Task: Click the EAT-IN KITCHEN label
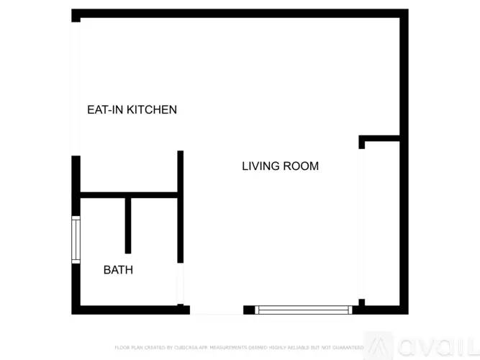[132, 110]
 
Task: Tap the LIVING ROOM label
[280, 166]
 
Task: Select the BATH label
[118, 271]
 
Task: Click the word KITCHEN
[152, 110]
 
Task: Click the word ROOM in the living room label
[301, 166]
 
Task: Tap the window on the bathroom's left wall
[75, 239]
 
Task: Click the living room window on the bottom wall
[304, 310]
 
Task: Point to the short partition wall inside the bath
[128, 225]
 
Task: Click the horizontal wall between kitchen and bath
[128, 194]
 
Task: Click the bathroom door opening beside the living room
[181, 284]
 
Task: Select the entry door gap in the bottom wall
[216, 311]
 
